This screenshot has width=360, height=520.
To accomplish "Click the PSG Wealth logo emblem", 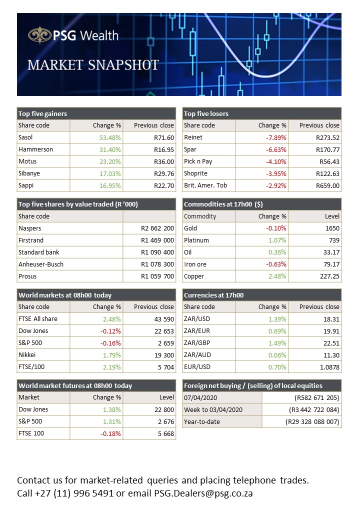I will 39,35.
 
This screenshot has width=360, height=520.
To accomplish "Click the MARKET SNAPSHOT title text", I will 93,65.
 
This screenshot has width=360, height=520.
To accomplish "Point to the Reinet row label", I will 193,137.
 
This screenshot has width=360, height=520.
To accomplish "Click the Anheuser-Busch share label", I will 41,264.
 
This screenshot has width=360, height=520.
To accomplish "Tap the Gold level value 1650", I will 332,228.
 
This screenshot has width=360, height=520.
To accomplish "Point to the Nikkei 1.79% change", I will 110,355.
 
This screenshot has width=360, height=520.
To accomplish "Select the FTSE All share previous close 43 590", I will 162,319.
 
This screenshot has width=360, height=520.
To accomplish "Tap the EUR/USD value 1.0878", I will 328,367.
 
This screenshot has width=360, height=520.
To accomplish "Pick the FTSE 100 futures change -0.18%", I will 110,433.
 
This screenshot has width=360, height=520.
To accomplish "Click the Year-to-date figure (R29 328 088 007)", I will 312,421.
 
